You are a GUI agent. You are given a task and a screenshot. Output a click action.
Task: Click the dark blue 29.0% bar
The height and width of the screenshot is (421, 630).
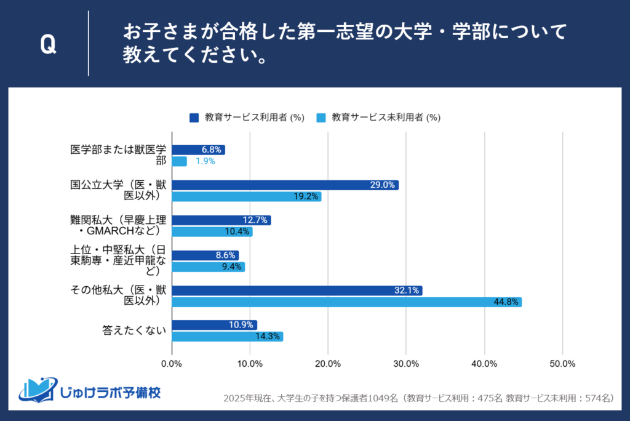point(285,185)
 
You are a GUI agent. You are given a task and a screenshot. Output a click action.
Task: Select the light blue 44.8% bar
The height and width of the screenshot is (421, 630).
point(346,302)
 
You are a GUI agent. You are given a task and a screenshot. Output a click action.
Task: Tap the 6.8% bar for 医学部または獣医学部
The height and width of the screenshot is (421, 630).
point(198,150)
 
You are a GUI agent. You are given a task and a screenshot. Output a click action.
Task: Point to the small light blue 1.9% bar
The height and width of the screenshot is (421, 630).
point(179,161)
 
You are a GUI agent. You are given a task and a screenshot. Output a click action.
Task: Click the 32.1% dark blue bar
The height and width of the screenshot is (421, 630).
point(297,290)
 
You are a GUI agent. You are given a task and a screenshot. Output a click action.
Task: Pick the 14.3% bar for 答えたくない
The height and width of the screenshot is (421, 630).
point(227,336)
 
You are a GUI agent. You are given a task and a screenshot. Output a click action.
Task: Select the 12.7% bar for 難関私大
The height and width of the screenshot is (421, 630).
point(221,220)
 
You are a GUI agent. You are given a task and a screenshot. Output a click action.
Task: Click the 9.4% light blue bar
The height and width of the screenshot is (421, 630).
point(208,267)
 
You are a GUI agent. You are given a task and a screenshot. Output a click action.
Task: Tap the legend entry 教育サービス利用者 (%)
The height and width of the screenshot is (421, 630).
point(247,117)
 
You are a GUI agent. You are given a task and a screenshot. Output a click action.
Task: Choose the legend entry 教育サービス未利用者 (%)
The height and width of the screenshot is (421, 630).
point(378,117)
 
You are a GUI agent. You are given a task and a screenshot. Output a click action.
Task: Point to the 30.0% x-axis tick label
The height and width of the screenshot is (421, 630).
point(406,364)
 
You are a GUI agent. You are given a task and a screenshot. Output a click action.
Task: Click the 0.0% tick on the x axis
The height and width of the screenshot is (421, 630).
point(172,364)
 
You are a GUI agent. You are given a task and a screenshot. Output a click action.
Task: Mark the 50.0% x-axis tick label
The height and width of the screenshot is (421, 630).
point(562,364)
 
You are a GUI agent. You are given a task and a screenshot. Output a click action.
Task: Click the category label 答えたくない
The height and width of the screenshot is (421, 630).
point(134,331)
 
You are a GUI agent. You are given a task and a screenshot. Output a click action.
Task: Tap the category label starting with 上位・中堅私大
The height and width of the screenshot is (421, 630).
point(119,260)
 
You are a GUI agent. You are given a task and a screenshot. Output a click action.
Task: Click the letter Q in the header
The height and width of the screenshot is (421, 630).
point(47,44)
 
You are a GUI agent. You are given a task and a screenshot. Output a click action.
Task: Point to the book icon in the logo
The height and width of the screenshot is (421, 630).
point(38,389)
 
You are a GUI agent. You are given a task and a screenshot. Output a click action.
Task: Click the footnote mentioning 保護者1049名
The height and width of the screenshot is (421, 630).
point(419,398)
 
